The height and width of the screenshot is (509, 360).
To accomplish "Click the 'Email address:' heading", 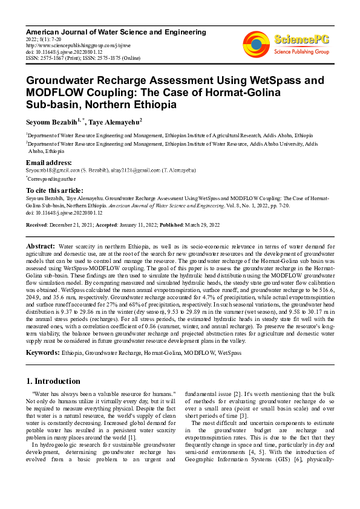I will (49, 163).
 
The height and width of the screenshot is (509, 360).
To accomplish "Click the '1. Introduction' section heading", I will (53, 381).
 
